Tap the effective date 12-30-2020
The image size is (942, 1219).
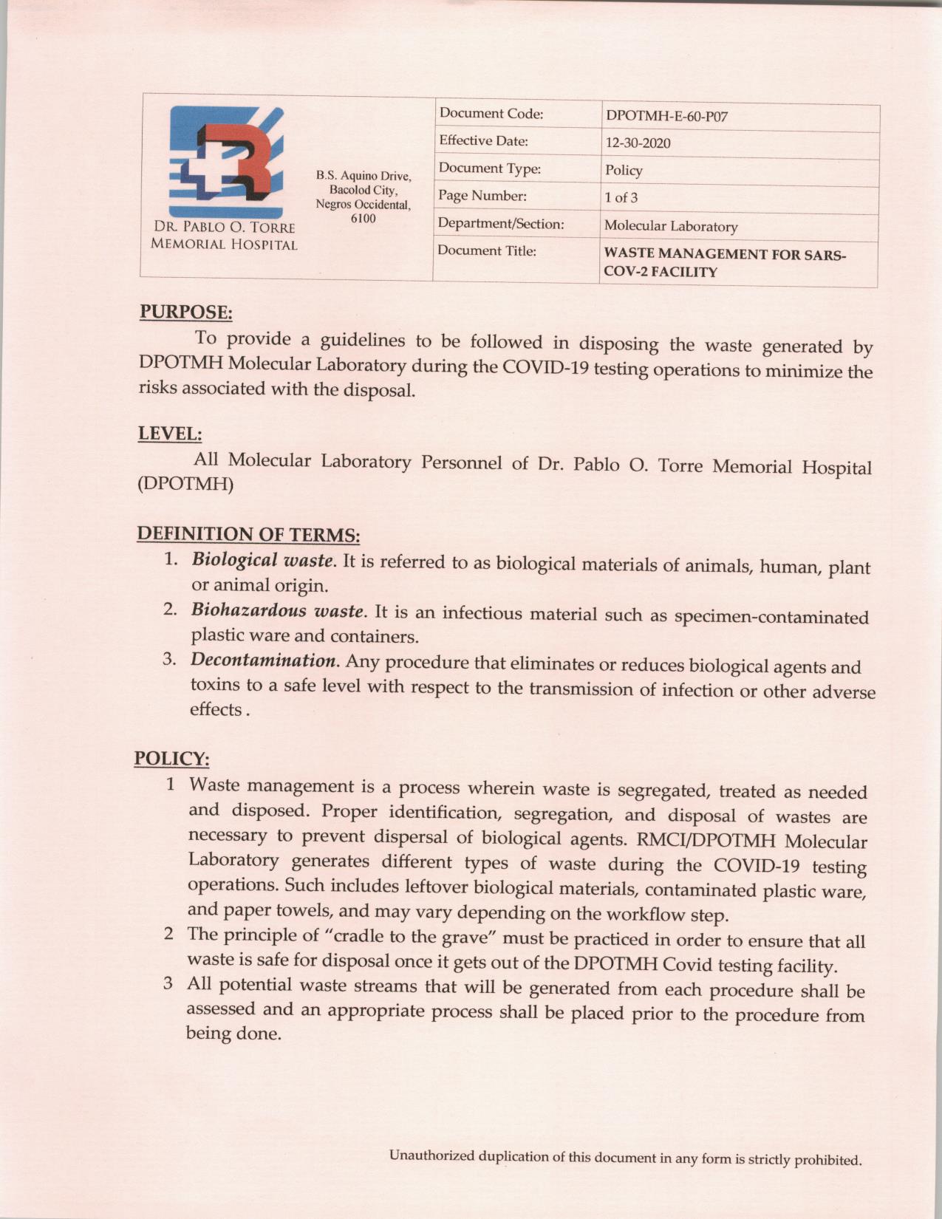click(x=638, y=143)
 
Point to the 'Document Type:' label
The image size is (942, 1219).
click(x=490, y=168)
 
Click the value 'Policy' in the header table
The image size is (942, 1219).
click(x=624, y=171)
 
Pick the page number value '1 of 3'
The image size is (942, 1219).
click(x=621, y=197)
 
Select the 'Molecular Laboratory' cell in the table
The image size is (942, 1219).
click(x=671, y=226)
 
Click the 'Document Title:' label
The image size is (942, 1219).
click(x=487, y=250)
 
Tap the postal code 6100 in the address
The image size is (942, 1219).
click(x=363, y=218)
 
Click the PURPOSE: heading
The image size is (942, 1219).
click(x=186, y=313)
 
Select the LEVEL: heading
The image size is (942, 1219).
click(x=170, y=434)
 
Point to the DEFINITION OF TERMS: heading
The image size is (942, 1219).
click(x=248, y=534)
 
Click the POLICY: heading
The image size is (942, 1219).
click(x=171, y=759)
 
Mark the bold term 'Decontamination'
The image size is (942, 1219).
click(x=264, y=659)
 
